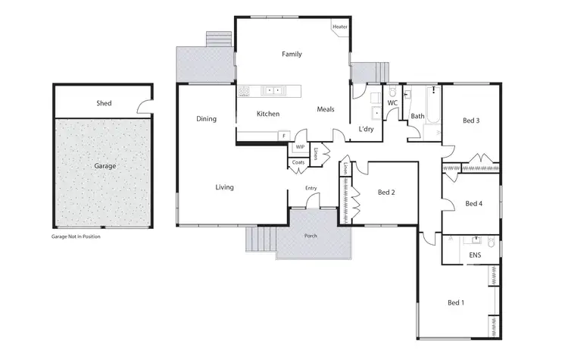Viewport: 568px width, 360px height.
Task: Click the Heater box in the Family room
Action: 339,27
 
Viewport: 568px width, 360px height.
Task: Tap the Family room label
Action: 292,55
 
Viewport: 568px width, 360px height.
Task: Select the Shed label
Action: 104,103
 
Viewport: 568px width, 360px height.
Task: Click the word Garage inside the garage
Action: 105,164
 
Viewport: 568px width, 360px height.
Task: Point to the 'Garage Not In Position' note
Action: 76,237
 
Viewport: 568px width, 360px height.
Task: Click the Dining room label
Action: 206,119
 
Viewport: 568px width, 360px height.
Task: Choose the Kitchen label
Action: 268,114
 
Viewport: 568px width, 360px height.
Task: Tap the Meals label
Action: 326,110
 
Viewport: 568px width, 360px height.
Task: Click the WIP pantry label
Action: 300,147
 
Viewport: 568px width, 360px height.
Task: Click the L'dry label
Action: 367,129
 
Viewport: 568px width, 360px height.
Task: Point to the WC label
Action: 392,102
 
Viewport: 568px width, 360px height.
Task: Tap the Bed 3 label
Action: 471,121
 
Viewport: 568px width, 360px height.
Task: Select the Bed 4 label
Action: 473,203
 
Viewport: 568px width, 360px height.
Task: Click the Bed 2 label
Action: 386,193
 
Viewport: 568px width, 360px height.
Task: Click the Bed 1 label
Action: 455,303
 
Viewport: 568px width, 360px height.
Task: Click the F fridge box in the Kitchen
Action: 284,136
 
